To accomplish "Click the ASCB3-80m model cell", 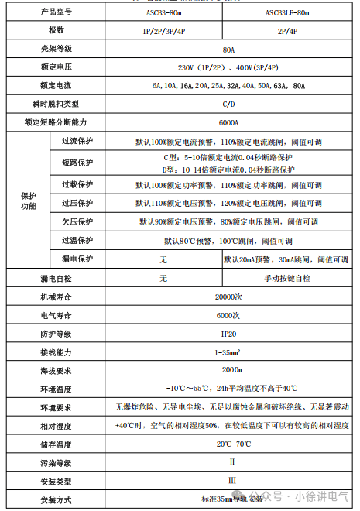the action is [160, 12].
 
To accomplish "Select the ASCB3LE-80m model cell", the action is [287, 12].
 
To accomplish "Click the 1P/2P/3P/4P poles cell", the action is [160, 31].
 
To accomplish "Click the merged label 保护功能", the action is [29, 201].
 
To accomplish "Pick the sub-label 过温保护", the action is [77, 240].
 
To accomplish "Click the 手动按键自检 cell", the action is [287, 277].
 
